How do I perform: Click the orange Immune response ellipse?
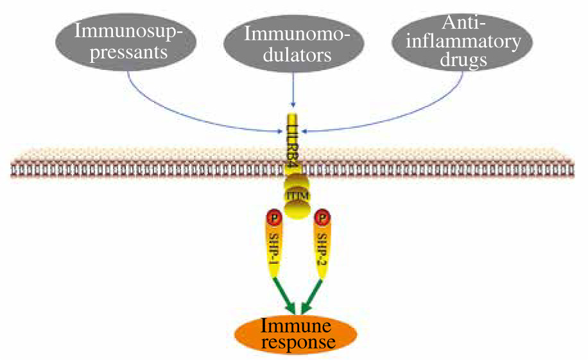pos(297,333)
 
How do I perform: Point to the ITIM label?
pos(297,194)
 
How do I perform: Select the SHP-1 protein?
pos(274,247)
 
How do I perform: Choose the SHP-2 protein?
pos(321,247)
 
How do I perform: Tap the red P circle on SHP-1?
pos(272,218)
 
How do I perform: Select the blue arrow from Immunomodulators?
pos(293,90)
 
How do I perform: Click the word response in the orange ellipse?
pos(296,343)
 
